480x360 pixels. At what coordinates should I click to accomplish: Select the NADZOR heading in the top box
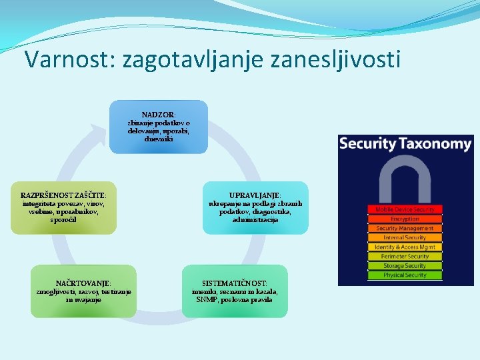click(x=159, y=115)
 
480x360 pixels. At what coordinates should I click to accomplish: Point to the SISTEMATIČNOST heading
click(x=235, y=283)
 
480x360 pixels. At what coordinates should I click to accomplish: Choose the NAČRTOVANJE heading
click(x=84, y=283)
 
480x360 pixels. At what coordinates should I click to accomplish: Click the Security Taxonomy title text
click(x=405, y=143)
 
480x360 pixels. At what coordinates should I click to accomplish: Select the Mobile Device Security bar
click(x=405, y=209)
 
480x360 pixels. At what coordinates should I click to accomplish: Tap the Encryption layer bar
click(x=405, y=219)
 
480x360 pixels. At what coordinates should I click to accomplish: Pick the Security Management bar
click(x=405, y=228)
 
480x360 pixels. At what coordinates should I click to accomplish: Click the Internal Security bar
click(x=405, y=237)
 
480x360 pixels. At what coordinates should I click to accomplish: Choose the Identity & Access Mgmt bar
click(x=405, y=247)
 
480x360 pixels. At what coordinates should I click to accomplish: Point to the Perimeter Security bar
click(x=405, y=256)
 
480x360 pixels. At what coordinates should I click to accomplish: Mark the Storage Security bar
click(x=405, y=265)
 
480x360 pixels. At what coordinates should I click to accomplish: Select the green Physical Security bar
click(x=405, y=275)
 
